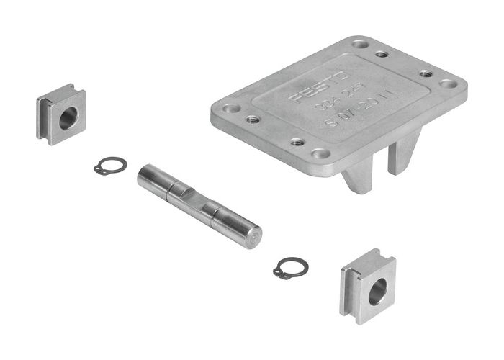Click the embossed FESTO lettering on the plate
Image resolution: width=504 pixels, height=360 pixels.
click(x=321, y=87)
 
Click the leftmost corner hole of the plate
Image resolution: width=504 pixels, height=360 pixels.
click(x=231, y=109)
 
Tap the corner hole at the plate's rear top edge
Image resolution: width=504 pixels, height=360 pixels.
click(x=359, y=45)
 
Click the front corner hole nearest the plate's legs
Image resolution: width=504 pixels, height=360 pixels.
click(x=320, y=153)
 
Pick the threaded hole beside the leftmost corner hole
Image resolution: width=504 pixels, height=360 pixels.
click(x=253, y=120)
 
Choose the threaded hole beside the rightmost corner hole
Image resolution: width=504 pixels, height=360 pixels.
click(x=426, y=73)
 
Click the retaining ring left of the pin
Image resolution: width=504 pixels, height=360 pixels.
click(x=109, y=166)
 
